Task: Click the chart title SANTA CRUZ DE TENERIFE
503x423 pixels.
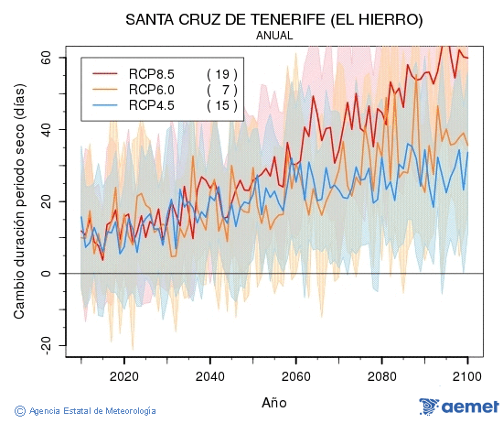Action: coord(275,19)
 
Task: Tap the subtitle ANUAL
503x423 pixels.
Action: coord(274,36)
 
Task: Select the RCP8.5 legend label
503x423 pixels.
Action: coord(152,73)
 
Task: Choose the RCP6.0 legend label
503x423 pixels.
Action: coord(152,90)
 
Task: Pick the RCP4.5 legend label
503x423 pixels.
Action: coord(152,105)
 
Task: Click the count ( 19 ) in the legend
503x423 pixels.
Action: coord(222,73)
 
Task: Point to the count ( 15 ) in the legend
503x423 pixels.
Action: coord(222,105)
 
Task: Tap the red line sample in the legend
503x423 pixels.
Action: coord(105,73)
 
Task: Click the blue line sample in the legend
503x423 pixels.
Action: coord(105,105)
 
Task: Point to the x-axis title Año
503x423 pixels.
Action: coord(273,401)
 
